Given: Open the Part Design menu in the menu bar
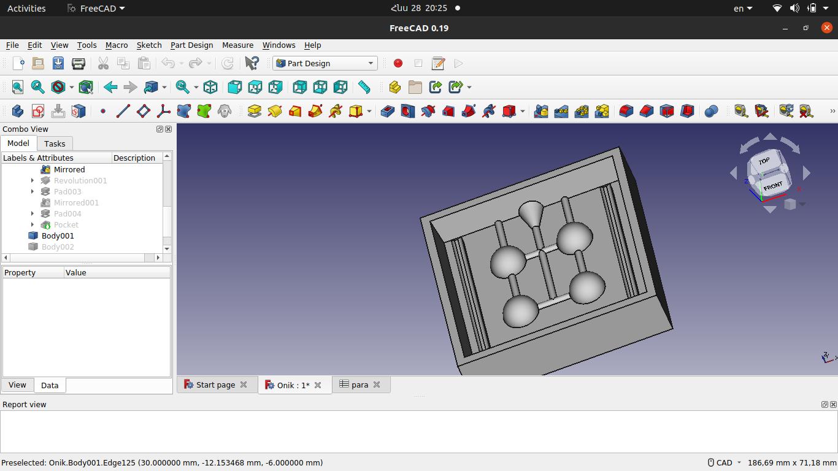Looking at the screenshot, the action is [191, 45].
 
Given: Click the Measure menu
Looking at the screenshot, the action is [237, 45].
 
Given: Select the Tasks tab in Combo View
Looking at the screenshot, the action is [55, 144].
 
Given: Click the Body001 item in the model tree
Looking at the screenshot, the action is [58, 235].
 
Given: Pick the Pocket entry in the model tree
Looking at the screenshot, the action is [66, 225].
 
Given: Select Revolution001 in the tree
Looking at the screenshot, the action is [80, 181].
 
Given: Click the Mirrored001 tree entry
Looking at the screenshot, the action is [76, 203].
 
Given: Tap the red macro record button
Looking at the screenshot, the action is [398, 63].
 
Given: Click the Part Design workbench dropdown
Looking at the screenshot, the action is [325, 63].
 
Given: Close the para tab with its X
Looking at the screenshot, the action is [377, 385].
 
